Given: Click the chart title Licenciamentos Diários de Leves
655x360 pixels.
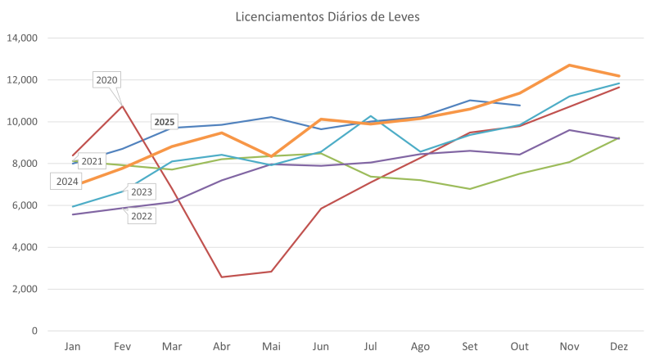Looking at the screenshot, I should [327, 16].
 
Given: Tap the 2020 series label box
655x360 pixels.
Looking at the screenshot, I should [107, 79].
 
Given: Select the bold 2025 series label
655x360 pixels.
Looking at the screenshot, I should [165, 122].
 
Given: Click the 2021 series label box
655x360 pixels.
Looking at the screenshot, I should [92, 162].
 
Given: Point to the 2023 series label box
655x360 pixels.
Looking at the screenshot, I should [142, 191].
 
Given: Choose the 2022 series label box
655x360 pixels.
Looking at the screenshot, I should [142, 216].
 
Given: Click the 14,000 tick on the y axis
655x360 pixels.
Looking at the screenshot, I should [22, 38].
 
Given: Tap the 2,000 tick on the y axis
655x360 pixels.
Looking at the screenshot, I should [25, 289].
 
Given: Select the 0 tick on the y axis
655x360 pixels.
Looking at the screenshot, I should [35, 331].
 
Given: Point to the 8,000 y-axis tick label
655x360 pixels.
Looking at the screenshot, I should [25, 164].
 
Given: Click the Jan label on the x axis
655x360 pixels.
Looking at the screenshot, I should [73, 347].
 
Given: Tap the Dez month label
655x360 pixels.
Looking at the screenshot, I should [619, 347].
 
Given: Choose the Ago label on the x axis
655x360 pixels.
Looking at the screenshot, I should [421, 347].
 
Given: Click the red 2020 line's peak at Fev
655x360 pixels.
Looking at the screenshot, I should [123, 105].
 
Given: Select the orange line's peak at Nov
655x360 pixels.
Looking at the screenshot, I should [569, 65].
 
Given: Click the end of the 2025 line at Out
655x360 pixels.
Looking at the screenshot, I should [520, 106].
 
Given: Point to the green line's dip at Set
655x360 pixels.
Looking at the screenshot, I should [470, 188].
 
